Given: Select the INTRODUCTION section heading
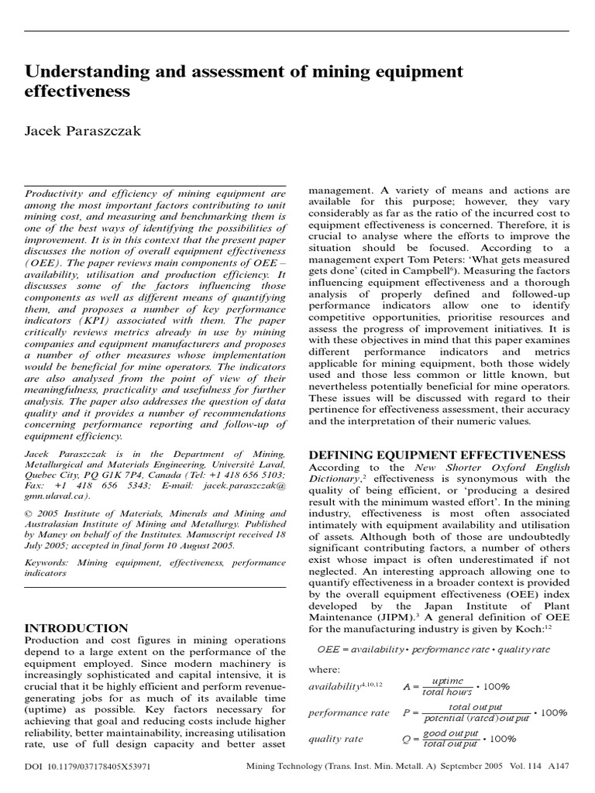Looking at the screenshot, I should coord(76,628).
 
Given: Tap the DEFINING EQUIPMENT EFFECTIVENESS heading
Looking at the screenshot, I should coord(437,455).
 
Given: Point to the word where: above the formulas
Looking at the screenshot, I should coord(325,668).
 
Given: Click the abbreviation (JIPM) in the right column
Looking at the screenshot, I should coord(391,617).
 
